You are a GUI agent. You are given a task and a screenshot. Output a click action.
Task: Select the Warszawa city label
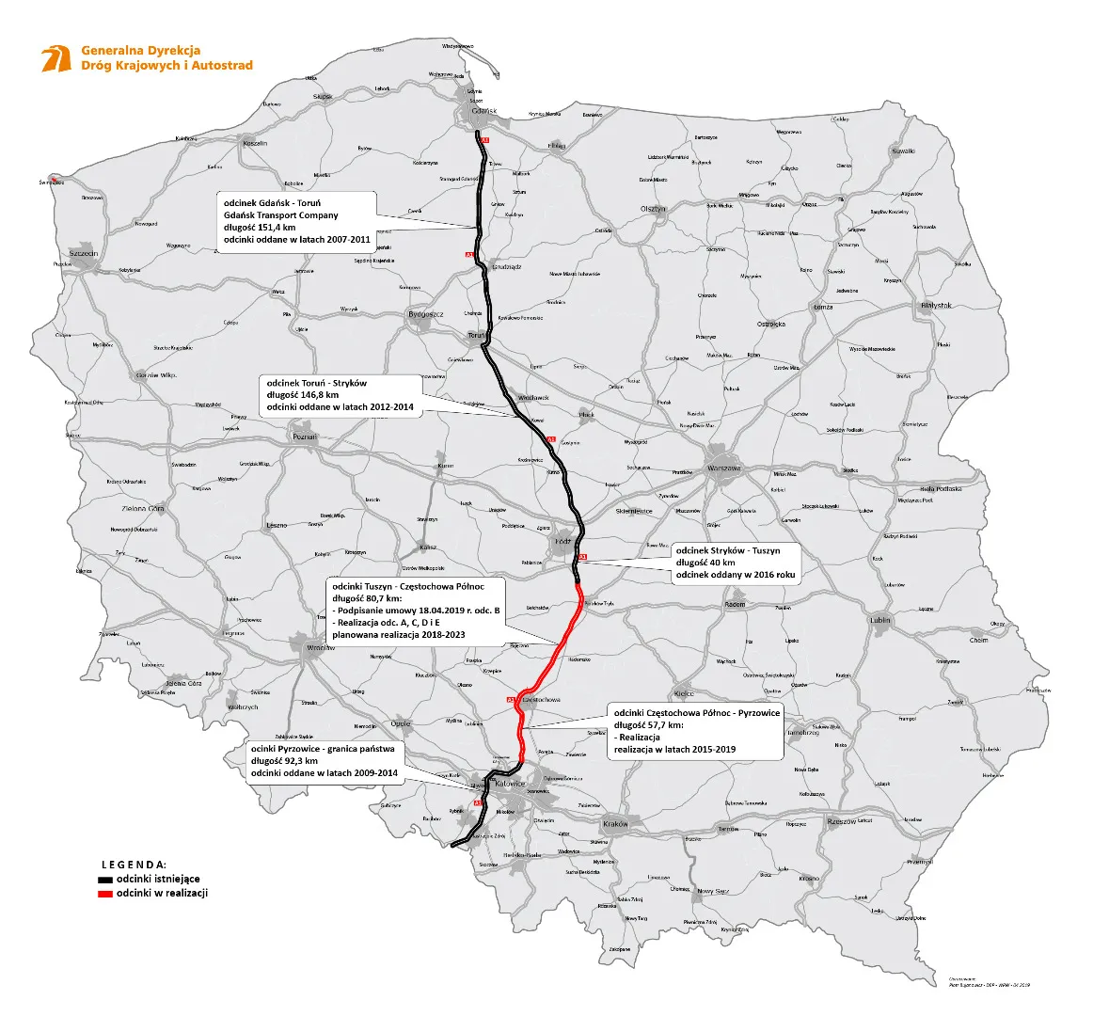(x=725, y=468)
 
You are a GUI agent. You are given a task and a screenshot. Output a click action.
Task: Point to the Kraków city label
(x=615, y=824)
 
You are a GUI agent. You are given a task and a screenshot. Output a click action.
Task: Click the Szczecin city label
(x=84, y=254)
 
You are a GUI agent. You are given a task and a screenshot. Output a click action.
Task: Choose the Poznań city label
(x=305, y=437)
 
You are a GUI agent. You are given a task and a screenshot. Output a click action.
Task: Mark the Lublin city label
(x=879, y=621)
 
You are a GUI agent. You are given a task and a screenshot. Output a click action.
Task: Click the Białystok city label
(x=936, y=306)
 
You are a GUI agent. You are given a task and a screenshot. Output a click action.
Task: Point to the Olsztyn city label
(x=653, y=209)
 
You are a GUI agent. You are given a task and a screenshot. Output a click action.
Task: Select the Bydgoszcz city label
(x=425, y=313)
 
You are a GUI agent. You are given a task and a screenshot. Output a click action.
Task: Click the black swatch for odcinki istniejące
(x=105, y=879)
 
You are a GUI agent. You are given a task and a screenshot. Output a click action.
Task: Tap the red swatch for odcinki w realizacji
(x=105, y=893)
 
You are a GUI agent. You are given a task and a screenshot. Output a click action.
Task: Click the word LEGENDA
(x=134, y=864)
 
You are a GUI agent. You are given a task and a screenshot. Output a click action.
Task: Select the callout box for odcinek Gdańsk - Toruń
(x=295, y=221)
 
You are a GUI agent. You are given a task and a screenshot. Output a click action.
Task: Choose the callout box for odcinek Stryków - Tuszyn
(x=736, y=563)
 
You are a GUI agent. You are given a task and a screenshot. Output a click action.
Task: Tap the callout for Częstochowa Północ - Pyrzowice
(x=695, y=731)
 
